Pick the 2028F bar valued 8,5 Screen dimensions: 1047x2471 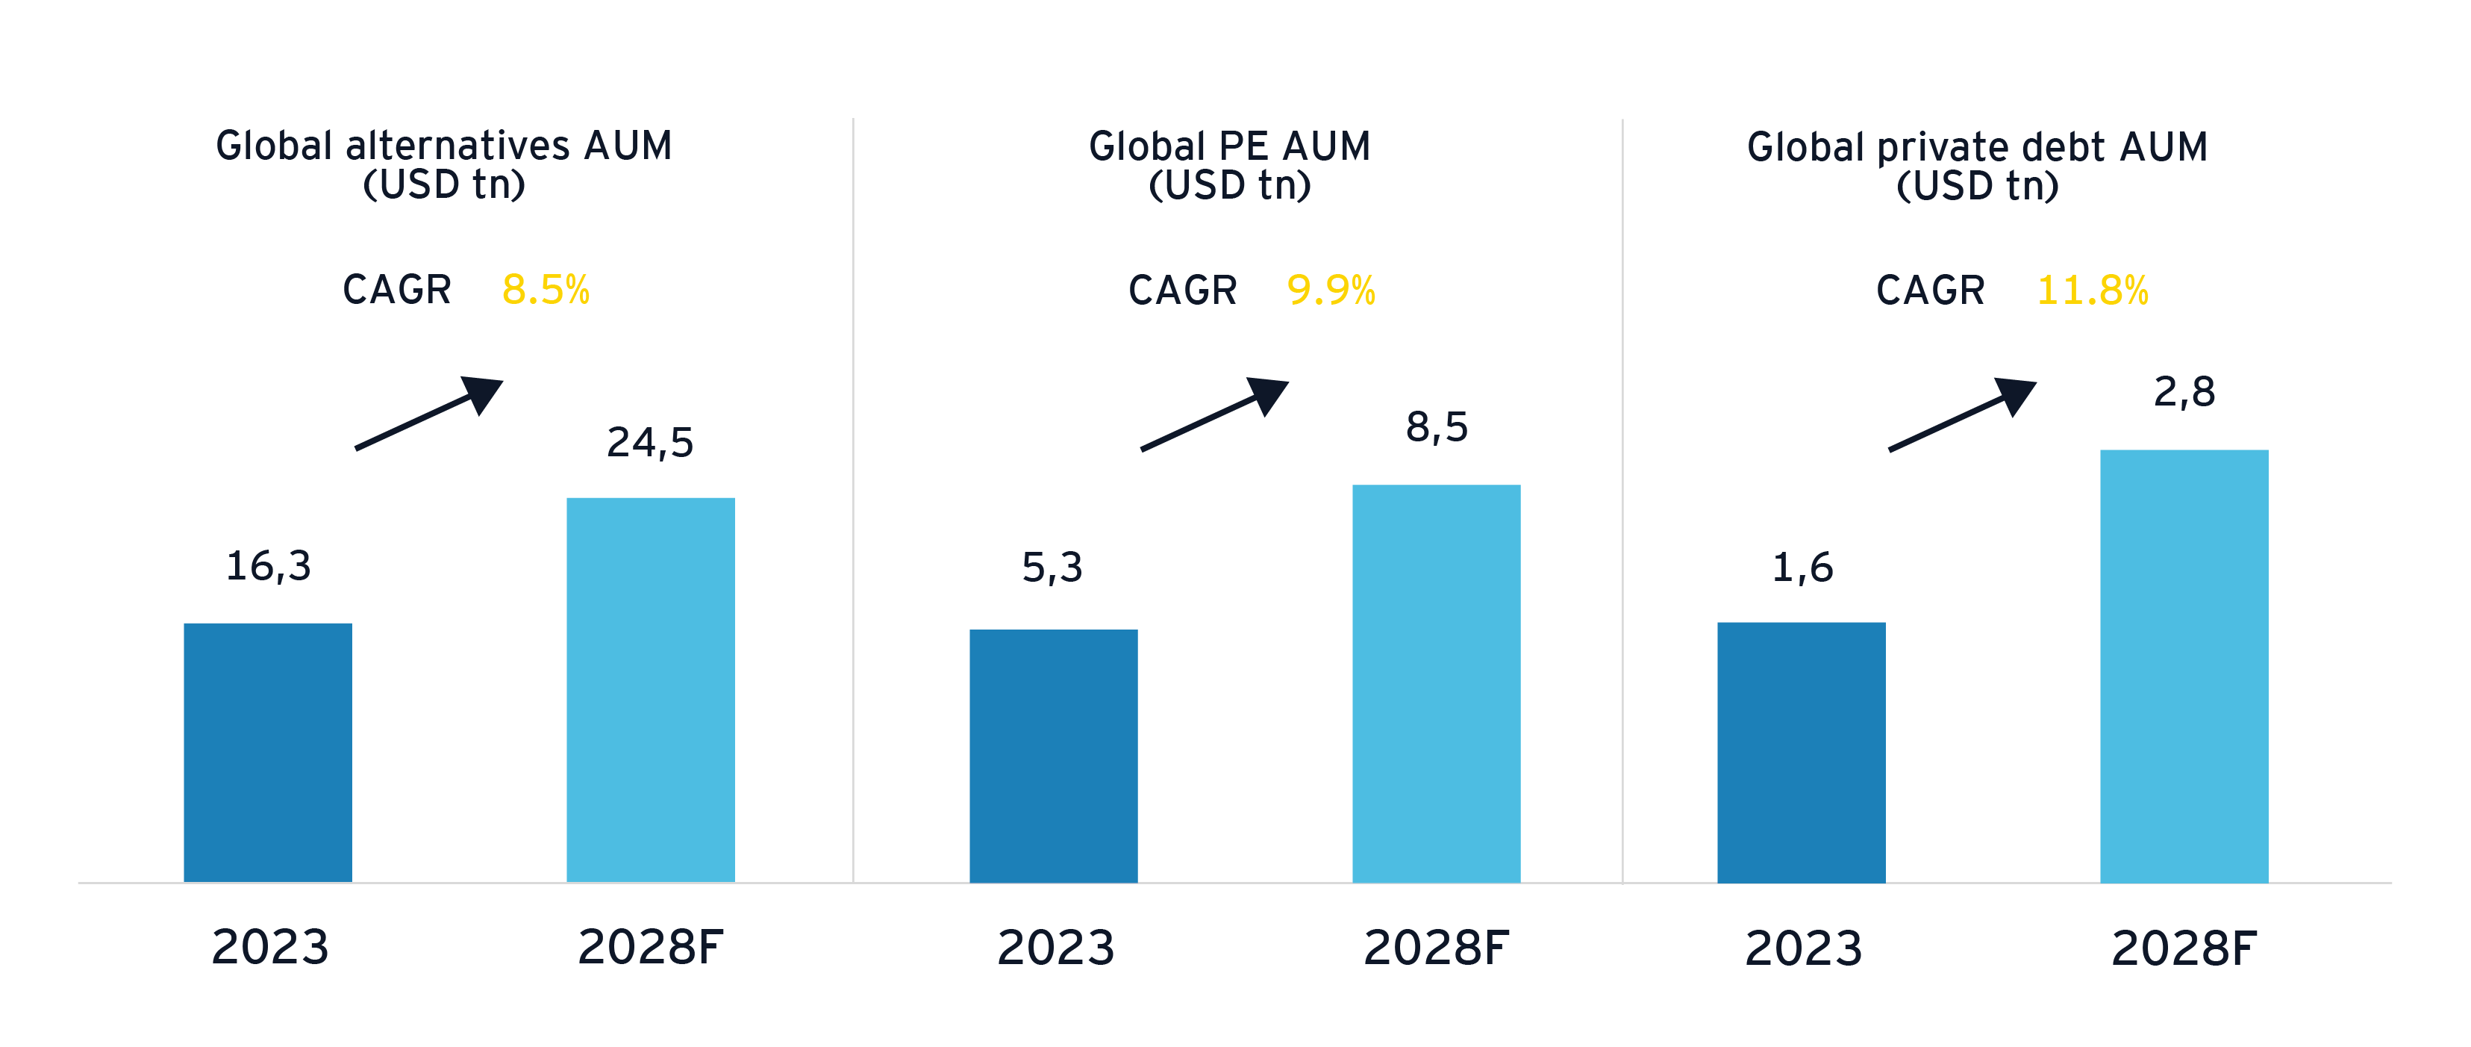[x=1436, y=683]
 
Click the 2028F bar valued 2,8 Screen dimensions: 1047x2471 [x=2183, y=666]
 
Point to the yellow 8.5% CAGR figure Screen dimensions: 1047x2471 [x=546, y=290]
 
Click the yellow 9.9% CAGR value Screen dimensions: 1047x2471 [x=1331, y=290]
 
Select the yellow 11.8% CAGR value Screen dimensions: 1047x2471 [x=2092, y=290]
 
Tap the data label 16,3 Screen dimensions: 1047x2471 [x=269, y=566]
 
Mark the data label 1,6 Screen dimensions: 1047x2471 [x=1802, y=567]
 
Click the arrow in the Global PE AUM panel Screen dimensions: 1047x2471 [x=1214, y=414]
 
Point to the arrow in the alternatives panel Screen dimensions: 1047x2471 [x=429, y=413]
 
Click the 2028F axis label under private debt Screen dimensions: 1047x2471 [x=2183, y=948]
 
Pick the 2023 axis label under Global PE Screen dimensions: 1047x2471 [x=1055, y=948]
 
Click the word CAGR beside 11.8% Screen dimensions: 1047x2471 [x=1930, y=290]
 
